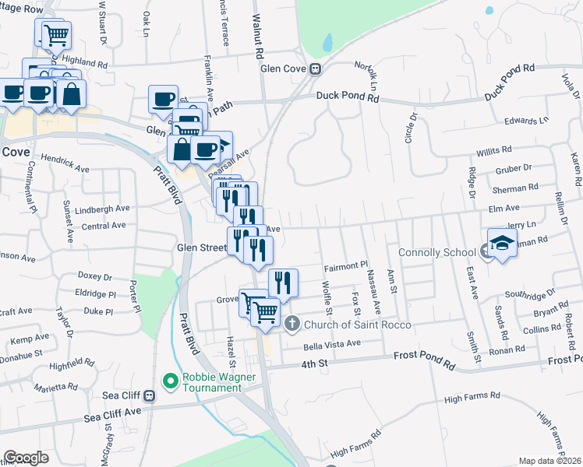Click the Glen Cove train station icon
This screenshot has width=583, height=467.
[x=316, y=68]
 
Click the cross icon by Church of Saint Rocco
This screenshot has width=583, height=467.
[x=291, y=324]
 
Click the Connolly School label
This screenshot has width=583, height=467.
[x=436, y=252]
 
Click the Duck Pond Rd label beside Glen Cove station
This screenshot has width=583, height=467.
[x=348, y=97]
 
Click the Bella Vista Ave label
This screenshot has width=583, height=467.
[x=333, y=343]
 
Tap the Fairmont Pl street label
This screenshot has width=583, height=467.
[x=345, y=265]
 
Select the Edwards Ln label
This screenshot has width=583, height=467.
[x=526, y=121]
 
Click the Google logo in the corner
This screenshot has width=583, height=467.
[x=26, y=458]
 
